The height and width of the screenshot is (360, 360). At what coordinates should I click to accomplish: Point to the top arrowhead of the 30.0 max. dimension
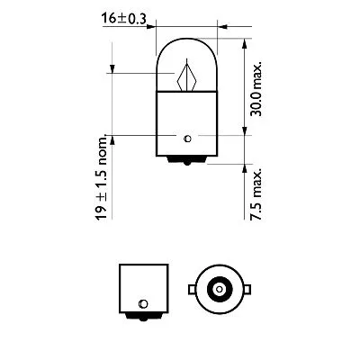[x=246, y=44]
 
